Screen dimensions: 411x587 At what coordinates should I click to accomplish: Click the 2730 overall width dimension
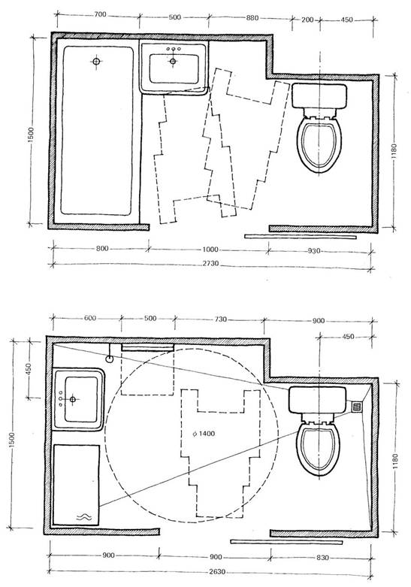pos(210,264)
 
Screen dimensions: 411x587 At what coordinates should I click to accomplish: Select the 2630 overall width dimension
pos(217,573)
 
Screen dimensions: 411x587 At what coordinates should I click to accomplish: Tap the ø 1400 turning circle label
pos(204,434)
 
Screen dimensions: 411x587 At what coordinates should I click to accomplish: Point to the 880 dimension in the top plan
pos(252,17)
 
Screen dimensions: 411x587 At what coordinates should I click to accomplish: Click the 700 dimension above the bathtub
pos(100,15)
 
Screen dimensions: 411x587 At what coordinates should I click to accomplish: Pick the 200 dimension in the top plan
pos(307,20)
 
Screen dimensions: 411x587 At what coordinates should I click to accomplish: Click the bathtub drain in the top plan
pos(97,61)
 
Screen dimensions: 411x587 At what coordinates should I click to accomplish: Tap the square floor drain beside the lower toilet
pos(358,406)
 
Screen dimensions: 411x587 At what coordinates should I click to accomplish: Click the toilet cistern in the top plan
pos(319,96)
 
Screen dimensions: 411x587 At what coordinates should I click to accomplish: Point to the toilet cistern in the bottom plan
pos(317,400)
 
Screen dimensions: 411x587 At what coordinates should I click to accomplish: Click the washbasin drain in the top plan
pos(173,62)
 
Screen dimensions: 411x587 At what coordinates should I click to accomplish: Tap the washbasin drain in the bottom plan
pos(73,399)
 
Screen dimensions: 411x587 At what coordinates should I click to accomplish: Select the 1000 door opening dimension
pos(210,250)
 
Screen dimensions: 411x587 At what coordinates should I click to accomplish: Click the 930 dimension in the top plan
pos(313,251)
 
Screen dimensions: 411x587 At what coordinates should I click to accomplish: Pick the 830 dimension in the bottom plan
pos(322,558)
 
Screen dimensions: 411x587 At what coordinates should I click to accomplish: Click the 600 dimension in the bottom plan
pos(90,318)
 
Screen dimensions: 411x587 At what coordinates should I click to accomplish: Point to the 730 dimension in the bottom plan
pos(220,319)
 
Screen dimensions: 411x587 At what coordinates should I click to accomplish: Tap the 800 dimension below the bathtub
pos(102,249)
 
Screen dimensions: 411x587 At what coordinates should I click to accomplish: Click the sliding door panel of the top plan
pos(301,237)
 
